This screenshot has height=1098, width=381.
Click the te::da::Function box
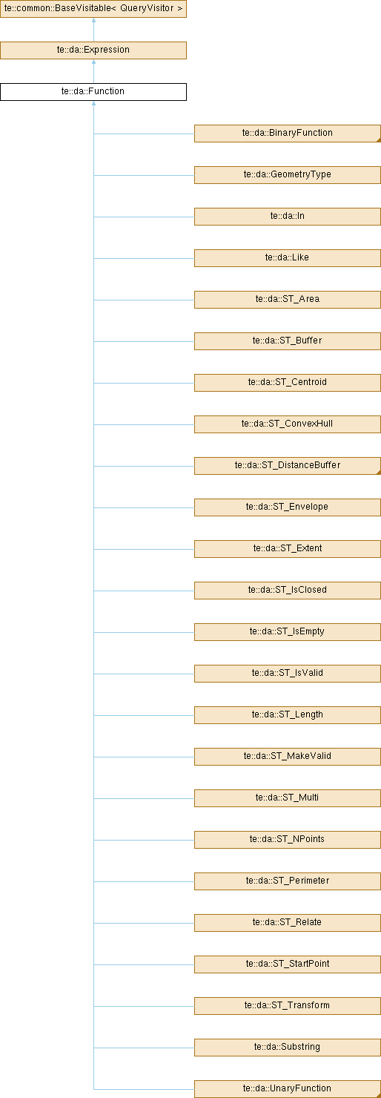click(93, 92)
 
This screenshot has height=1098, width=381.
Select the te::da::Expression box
click(93, 50)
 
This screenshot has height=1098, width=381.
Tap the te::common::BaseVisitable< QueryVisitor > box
click(93, 9)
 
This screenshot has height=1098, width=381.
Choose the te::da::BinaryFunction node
click(287, 134)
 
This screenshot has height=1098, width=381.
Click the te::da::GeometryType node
click(287, 175)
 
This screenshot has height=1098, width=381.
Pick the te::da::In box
click(287, 216)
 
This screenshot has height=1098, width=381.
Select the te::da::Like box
click(287, 258)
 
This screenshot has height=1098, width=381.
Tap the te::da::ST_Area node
click(287, 300)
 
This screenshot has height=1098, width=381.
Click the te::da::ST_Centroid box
click(287, 382)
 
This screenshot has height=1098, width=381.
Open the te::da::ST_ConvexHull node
click(287, 424)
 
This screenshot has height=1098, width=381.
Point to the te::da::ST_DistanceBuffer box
click(287, 466)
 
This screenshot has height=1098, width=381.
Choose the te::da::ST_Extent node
click(287, 548)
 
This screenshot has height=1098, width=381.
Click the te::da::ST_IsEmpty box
click(287, 632)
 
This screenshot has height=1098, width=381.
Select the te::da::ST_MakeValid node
click(287, 756)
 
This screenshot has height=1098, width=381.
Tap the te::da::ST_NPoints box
click(287, 840)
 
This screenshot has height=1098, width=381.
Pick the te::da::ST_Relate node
click(287, 922)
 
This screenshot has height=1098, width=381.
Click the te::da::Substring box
click(287, 1047)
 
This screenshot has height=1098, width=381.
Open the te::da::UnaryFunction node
click(287, 1088)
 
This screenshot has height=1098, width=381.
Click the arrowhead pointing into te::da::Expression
click(93, 62)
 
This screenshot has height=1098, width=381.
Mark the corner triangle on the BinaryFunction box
click(379, 140)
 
